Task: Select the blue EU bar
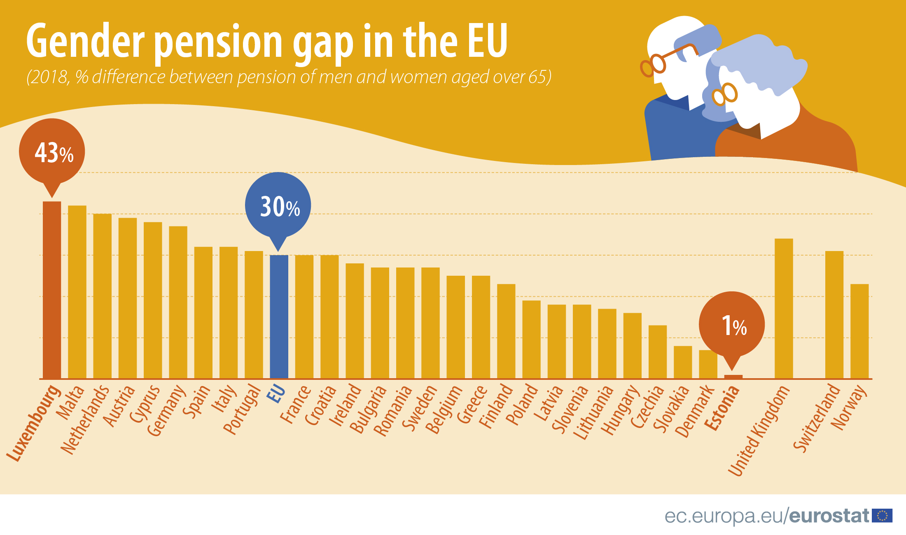tap(279, 317)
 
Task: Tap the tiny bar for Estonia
tap(733, 377)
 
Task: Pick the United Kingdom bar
tap(784, 309)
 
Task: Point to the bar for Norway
tap(859, 331)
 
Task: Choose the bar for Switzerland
tap(834, 315)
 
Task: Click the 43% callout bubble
tap(52, 151)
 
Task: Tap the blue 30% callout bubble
tap(278, 205)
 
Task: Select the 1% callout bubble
tap(732, 325)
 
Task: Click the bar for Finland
tap(506, 331)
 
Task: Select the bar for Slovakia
tap(683, 362)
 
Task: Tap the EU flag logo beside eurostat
tap(882, 516)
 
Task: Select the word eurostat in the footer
tap(829, 516)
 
